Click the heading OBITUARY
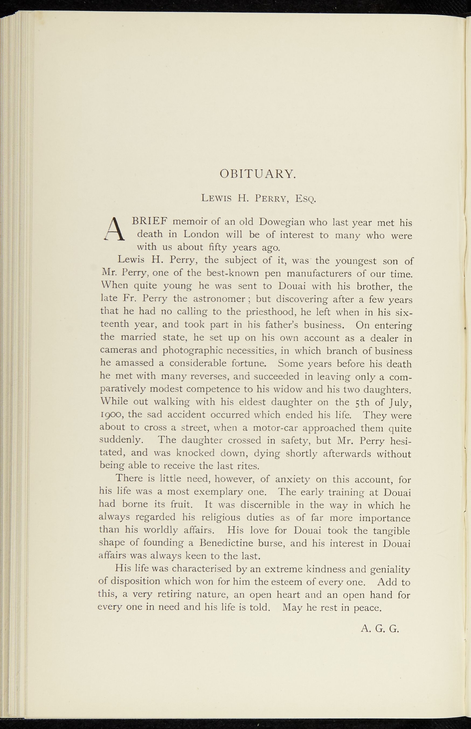[257, 174]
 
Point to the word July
[401, 403]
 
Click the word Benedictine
[243, 544]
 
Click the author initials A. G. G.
[379, 629]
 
